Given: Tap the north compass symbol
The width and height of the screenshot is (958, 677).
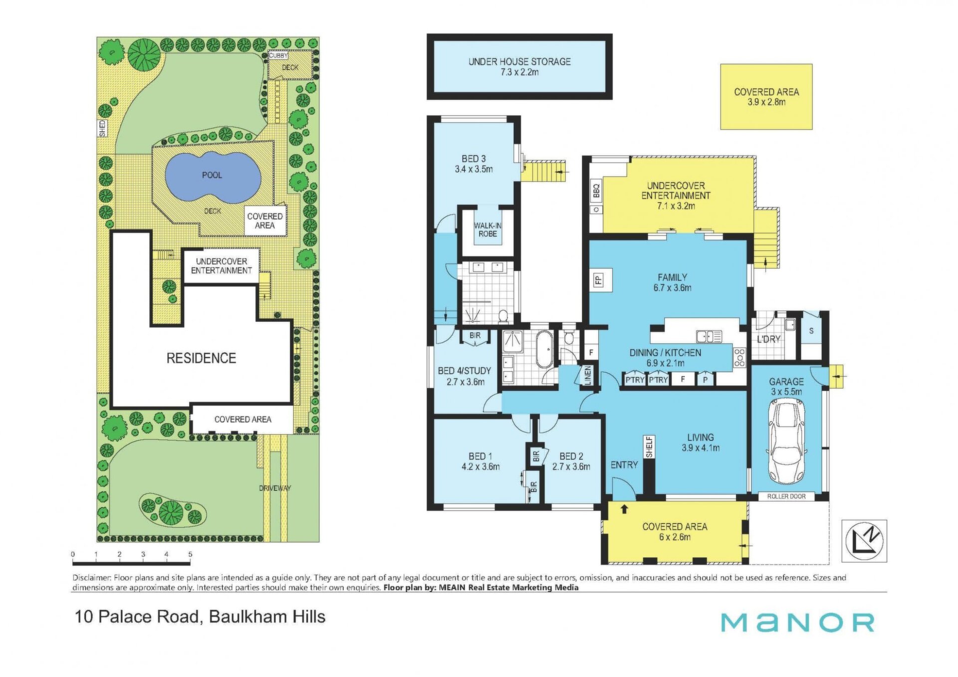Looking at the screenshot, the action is point(864,541).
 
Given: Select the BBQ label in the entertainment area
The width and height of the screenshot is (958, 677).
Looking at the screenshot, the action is point(596,190).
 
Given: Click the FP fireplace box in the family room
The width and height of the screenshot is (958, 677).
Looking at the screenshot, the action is point(599,279).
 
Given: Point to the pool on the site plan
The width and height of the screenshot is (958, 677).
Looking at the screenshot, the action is point(212,177).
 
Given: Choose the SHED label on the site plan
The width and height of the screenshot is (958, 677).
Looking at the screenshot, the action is point(102,128).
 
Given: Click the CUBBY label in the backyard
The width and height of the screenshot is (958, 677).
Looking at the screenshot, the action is point(278,56).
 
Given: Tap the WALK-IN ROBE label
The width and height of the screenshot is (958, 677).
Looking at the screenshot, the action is point(487,229).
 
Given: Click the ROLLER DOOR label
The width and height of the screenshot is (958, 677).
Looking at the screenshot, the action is point(786,496).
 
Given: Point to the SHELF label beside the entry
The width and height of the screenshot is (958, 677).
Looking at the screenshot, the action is point(649,447).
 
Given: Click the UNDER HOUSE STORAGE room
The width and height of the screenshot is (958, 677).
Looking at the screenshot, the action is point(519,66).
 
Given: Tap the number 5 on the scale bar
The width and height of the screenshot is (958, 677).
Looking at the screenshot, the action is point(190,554).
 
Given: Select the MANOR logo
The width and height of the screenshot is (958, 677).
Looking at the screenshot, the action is point(797,623).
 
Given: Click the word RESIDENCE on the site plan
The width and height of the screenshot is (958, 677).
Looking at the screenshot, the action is point(201,358).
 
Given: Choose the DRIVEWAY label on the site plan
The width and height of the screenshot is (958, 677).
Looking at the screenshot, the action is point(275,487).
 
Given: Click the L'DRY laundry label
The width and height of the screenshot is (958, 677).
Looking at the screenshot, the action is point(768,339).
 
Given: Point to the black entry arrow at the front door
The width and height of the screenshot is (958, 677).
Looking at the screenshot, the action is point(624,509).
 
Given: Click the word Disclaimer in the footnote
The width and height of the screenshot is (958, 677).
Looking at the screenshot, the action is point(92,578).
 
